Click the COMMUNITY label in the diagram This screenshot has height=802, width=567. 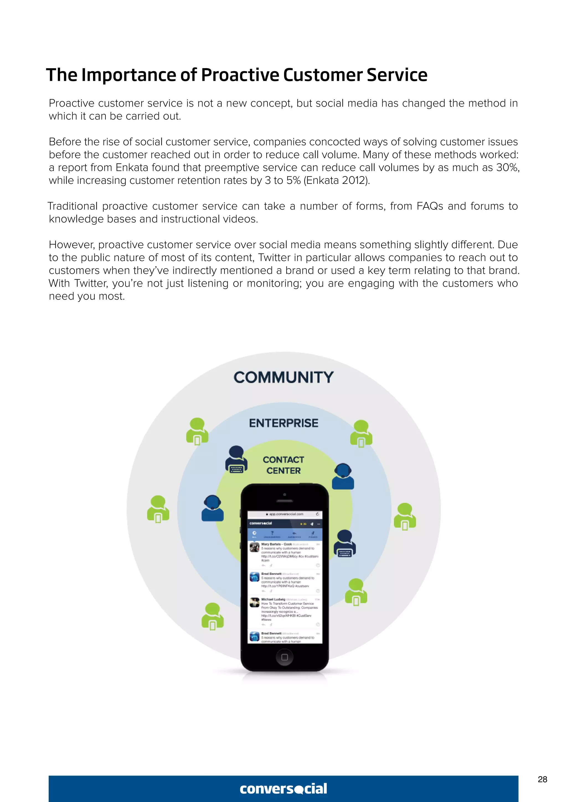click(x=283, y=377)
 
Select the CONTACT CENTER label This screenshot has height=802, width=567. click(x=283, y=465)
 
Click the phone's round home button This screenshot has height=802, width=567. click(x=284, y=657)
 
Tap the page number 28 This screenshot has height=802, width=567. click(x=542, y=779)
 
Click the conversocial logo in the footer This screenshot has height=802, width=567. click(x=283, y=789)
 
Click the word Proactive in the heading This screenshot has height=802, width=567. click(x=241, y=75)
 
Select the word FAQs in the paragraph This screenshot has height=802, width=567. click(x=430, y=206)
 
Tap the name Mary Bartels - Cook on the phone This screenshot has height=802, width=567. click(x=276, y=544)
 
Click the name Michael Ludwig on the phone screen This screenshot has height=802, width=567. click(x=273, y=599)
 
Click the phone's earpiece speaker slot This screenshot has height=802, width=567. click(x=285, y=501)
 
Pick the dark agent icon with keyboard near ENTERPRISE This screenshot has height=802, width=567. click(x=236, y=459)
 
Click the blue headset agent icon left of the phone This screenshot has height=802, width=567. click(x=212, y=508)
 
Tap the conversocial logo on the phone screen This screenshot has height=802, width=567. click(x=261, y=523)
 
